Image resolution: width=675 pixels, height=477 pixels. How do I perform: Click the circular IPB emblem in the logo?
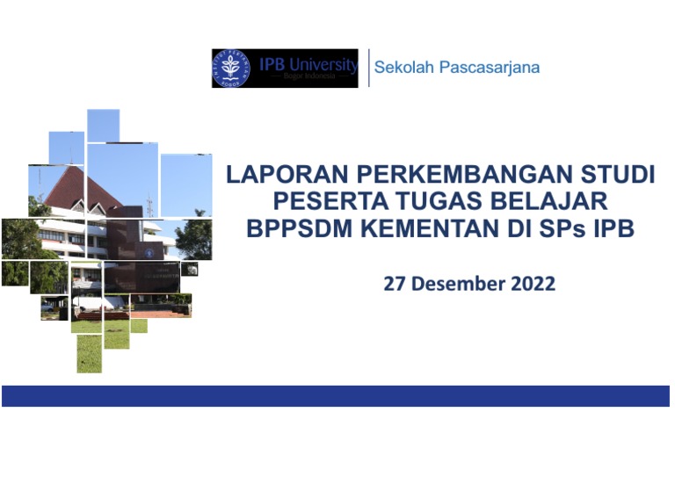coord(232,69)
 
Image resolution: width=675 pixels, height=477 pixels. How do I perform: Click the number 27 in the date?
coord(395,284)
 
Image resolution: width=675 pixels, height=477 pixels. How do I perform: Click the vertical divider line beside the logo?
coord(368,68)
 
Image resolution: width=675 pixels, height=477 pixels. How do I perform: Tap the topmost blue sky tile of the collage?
coord(103,125)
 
